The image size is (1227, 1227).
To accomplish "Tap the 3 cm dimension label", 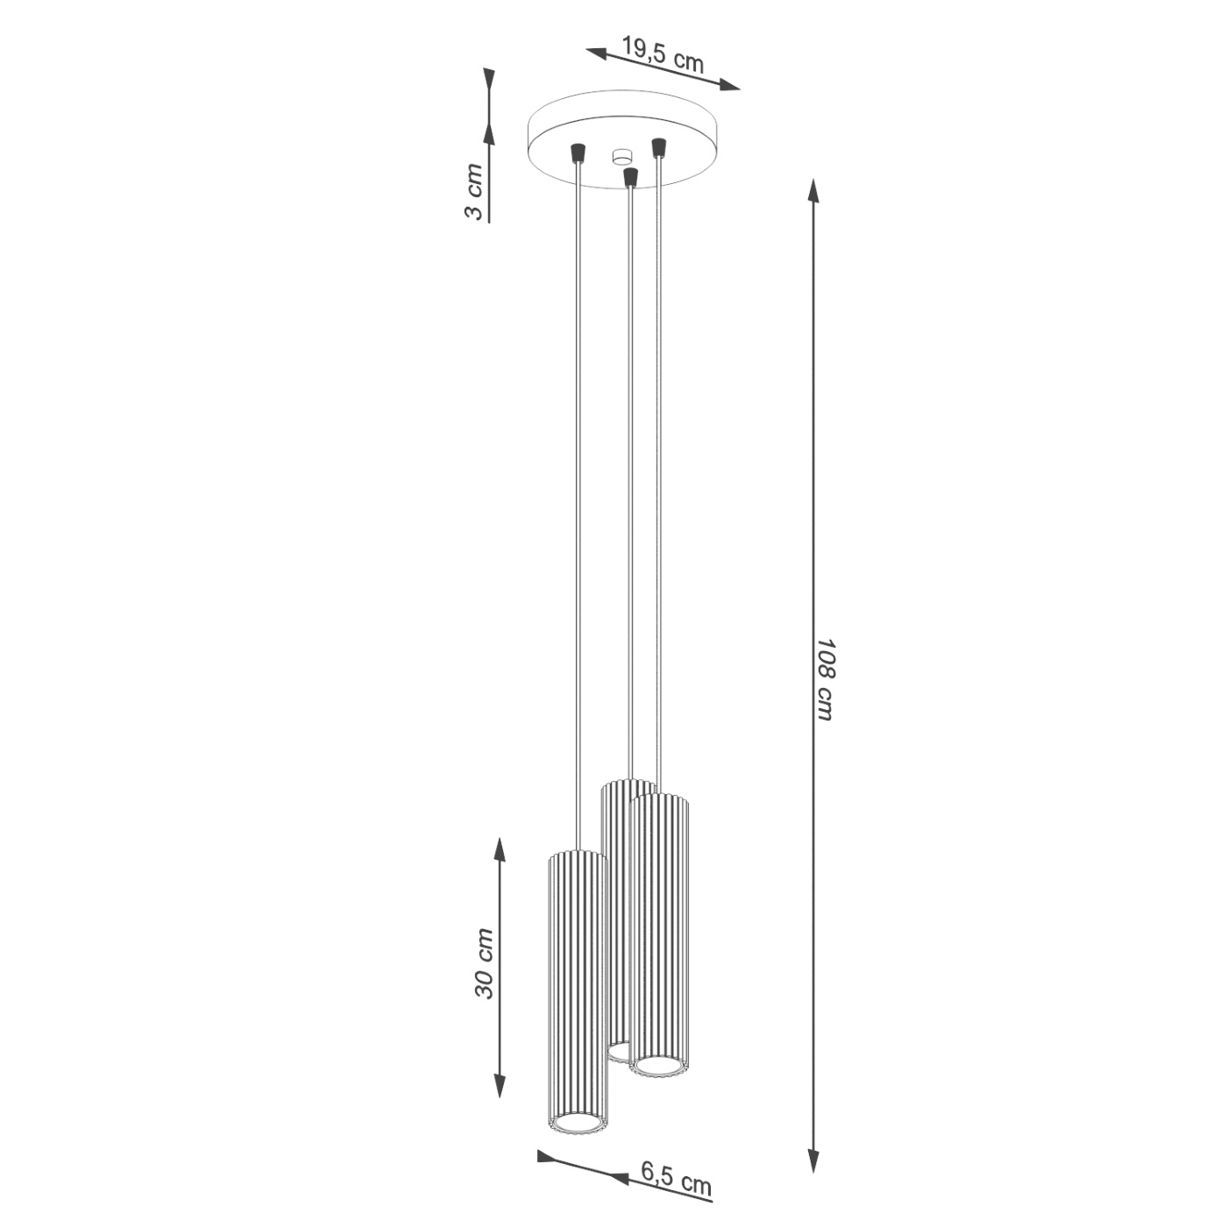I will point(474,191).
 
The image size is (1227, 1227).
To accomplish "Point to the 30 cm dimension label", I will point(485,962).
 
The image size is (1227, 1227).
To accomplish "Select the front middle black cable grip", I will point(629,177).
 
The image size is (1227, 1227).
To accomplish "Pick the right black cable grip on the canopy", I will point(657,145).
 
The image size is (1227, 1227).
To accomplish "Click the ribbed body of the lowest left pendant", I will point(576,982).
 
